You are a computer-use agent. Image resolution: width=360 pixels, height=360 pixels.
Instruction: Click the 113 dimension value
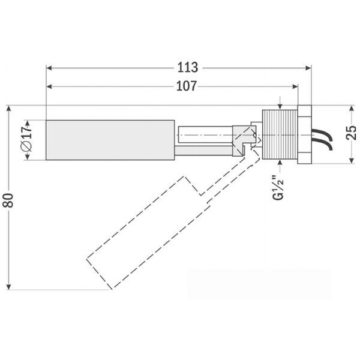tap(188, 67)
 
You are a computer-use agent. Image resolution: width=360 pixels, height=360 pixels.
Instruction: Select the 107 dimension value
tap(186, 86)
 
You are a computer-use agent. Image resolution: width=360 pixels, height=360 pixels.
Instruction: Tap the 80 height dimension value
tap(8, 200)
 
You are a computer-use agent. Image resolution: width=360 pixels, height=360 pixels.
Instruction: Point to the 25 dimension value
tap(351, 133)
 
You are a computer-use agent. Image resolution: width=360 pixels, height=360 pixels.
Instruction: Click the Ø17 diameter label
tap(27, 139)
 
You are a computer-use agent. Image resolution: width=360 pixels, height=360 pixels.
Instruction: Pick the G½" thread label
tap(278, 188)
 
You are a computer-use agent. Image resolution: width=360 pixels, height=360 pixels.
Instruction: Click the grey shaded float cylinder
tap(110, 140)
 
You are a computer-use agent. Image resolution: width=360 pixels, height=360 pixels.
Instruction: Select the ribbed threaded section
tap(280, 134)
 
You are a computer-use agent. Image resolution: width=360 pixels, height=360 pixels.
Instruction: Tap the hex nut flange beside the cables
tap(304, 134)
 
